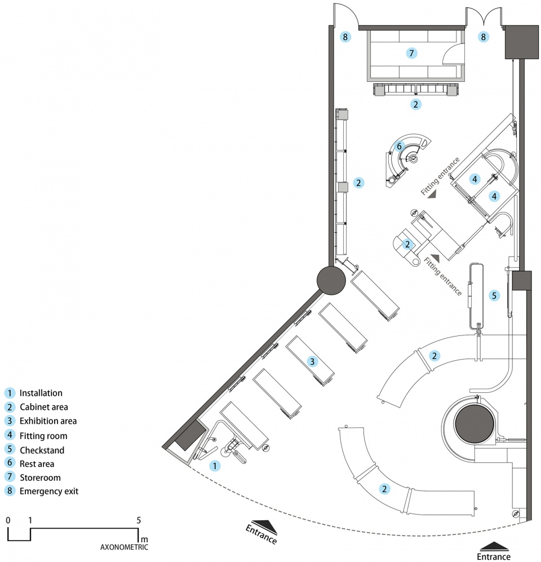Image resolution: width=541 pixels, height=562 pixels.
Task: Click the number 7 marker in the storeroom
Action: (x=411, y=53)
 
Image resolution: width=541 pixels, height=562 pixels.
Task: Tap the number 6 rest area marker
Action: (x=399, y=146)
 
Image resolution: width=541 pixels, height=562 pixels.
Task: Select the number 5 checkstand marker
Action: (x=494, y=295)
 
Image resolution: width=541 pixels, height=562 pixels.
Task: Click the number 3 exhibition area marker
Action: (x=312, y=361)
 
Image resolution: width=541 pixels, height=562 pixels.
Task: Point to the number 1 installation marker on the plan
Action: (x=215, y=466)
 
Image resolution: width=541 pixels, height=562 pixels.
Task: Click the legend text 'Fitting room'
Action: (x=43, y=436)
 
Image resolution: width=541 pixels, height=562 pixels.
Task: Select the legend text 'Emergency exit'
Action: (x=49, y=491)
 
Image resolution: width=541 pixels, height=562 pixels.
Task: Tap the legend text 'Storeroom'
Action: (x=40, y=477)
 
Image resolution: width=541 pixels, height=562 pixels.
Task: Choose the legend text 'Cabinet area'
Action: (x=44, y=407)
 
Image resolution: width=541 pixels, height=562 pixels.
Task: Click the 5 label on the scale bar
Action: (x=139, y=520)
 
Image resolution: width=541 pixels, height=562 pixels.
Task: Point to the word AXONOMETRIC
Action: (x=124, y=547)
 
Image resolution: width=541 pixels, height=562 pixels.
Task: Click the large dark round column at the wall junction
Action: (x=331, y=280)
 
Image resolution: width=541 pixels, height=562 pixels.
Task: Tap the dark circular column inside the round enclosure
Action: (x=475, y=424)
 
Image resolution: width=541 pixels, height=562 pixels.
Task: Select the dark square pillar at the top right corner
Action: (x=522, y=42)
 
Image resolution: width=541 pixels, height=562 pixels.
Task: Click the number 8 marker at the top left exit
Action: (x=345, y=37)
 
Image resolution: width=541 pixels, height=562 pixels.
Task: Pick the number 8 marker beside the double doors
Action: (x=484, y=37)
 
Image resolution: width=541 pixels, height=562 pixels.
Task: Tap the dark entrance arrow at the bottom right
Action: (x=494, y=546)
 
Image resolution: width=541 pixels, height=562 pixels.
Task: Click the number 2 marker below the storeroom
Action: (x=415, y=104)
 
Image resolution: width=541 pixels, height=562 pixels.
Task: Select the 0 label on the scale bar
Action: (x=8, y=520)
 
